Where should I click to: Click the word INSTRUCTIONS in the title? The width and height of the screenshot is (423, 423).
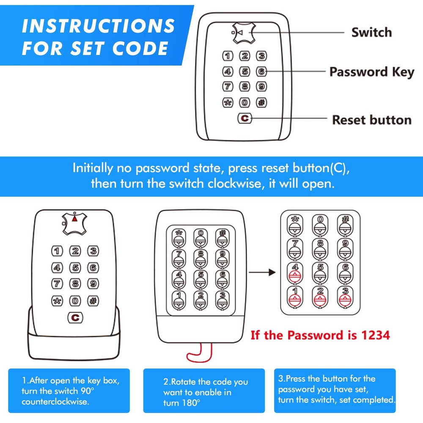pos(98,26)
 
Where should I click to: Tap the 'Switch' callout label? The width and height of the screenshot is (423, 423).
pos(371,33)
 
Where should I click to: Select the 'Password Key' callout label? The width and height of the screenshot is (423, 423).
pos(372,72)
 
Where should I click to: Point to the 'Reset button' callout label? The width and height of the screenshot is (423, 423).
pos(371,120)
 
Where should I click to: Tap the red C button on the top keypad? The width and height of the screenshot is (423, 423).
pos(244,119)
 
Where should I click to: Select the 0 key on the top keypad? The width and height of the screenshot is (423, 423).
pos(244,102)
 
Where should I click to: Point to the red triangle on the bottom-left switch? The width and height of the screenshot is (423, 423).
pos(75,219)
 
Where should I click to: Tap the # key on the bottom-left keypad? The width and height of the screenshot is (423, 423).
pos(93,301)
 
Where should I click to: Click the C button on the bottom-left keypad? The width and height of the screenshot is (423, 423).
pos(75,317)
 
